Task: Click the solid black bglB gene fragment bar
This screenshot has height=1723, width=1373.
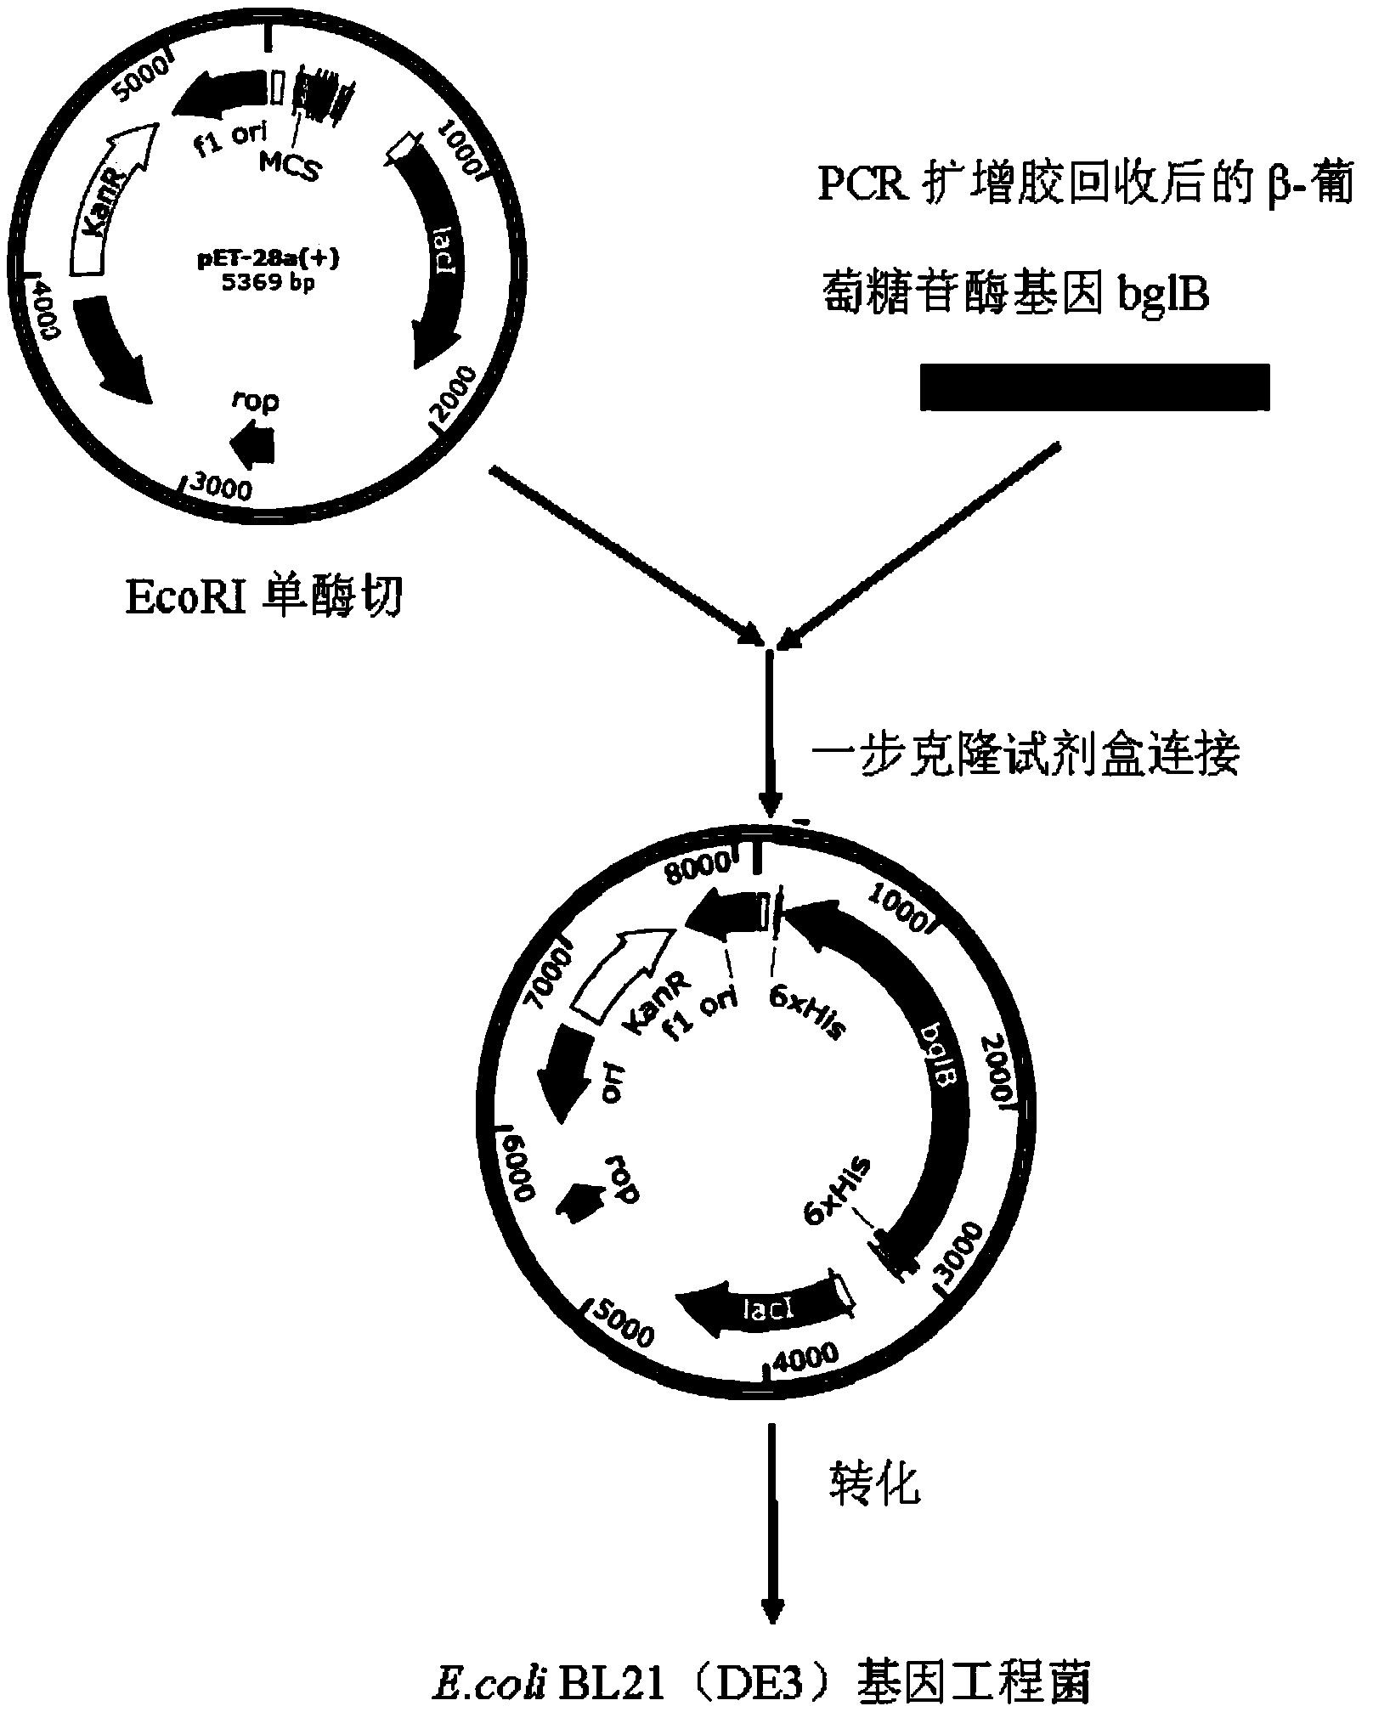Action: coord(1094,387)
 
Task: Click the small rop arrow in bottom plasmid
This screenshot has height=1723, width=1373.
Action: coord(578,1200)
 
